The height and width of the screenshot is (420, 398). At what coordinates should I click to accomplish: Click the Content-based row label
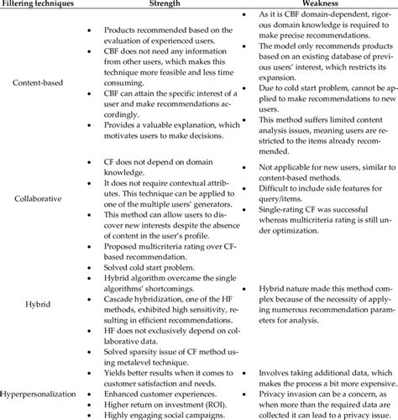point(42,84)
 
